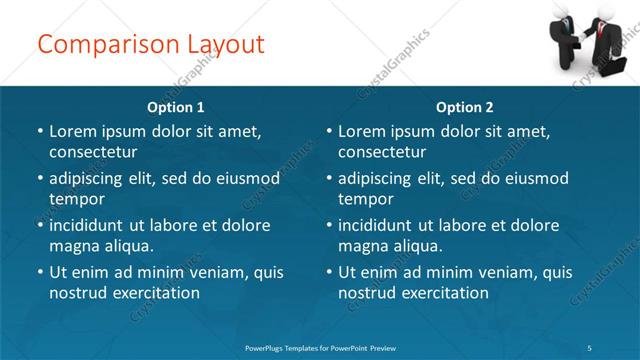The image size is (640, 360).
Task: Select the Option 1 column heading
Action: pos(176,107)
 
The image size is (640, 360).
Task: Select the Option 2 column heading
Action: pos(465,107)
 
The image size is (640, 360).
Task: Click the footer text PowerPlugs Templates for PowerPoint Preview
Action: pos(320,347)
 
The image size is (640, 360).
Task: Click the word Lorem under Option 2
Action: pos(362,131)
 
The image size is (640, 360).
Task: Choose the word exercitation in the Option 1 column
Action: pos(154,293)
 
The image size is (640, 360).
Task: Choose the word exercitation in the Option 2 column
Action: pos(443,293)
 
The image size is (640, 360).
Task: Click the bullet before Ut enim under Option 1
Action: pos(38,272)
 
